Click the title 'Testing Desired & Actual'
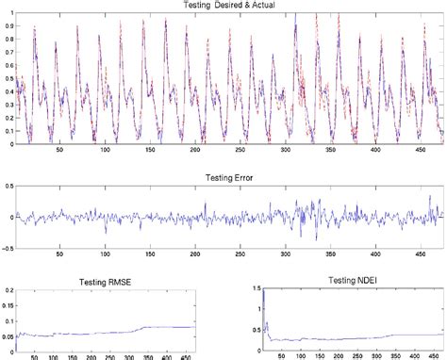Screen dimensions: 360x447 click(223, 5)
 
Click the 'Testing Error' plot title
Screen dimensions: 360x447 click(225, 176)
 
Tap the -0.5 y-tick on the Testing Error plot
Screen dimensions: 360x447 click(6, 249)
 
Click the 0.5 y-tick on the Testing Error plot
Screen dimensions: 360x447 click(7, 188)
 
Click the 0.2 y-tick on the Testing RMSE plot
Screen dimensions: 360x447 click(7, 294)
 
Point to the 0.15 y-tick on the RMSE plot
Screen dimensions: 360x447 click(6, 310)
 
